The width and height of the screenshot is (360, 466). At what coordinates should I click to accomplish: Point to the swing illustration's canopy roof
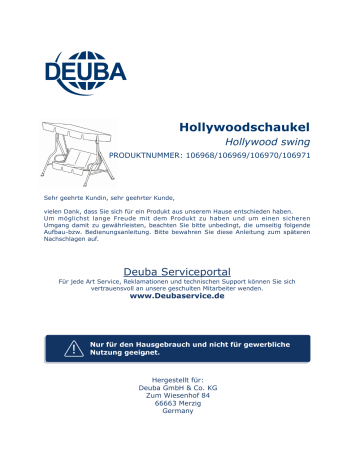(x=74, y=127)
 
